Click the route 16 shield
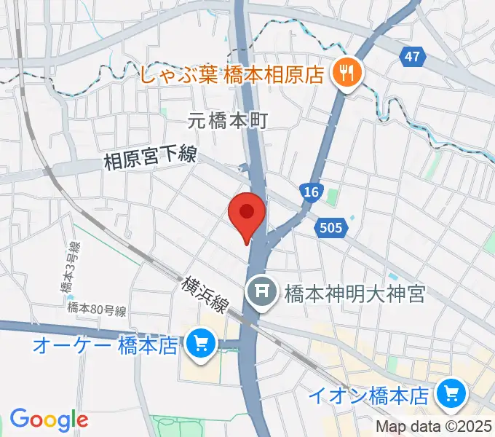tap(310, 193)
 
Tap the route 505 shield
tap(330, 229)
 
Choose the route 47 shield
tap(412, 56)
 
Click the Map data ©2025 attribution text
tap(433, 428)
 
